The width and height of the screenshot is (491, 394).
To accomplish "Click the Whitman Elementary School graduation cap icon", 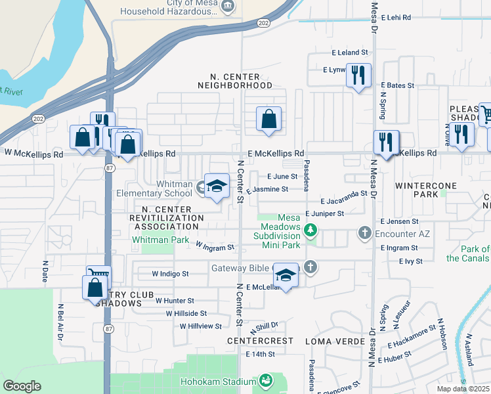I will [217, 186].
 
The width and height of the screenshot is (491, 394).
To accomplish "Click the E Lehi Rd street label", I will [393, 18].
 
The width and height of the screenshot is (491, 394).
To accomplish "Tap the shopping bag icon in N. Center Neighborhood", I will [268, 120].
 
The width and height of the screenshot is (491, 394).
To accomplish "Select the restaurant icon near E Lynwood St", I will [358, 76].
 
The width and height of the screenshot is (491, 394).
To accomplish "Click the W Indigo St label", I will [171, 273].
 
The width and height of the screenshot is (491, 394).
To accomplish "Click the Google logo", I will [22, 386].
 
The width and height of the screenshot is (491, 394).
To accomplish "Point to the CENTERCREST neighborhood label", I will [259, 341].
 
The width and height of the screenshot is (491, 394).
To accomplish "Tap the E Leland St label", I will [351, 53].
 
